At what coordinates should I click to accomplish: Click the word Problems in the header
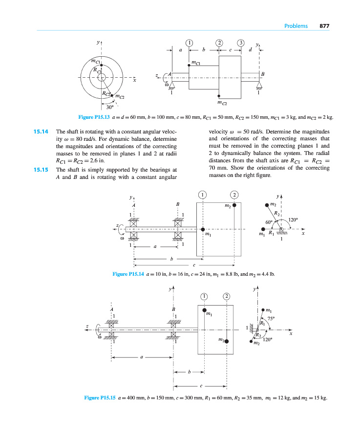point(296,26)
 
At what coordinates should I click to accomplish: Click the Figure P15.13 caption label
point(94,117)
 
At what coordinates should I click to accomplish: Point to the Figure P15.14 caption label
point(128,274)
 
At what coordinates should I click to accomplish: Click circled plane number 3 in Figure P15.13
point(241,42)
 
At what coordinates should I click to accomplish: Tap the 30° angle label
point(110,107)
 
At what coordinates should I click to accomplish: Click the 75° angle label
point(272,318)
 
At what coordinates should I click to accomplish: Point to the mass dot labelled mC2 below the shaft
point(219,96)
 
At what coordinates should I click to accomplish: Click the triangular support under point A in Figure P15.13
point(171,86)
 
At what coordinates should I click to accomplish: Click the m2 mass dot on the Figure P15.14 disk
point(234,205)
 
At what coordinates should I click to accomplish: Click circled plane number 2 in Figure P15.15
point(227,297)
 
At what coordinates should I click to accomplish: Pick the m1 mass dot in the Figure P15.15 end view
point(263,309)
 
